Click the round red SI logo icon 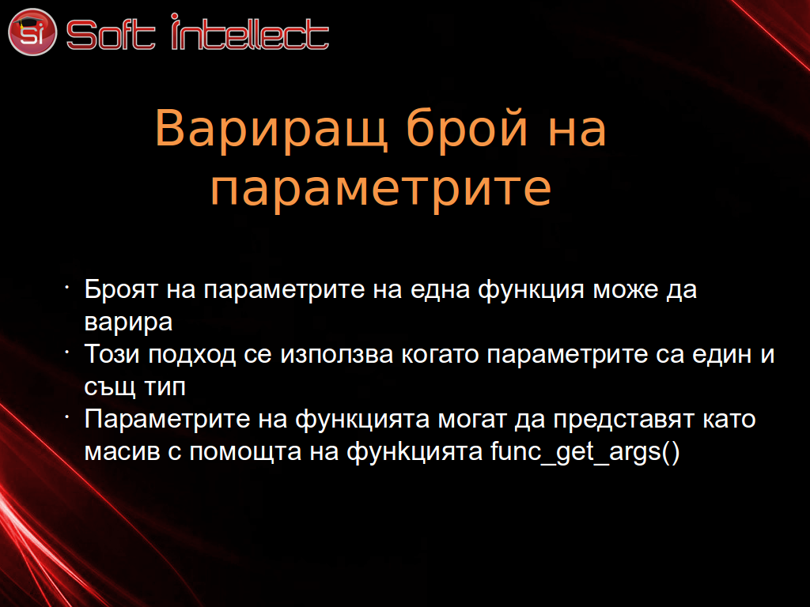(x=32, y=32)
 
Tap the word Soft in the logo (x=111, y=35)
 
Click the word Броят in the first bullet (x=121, y=289)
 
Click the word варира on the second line (x=128, y=323)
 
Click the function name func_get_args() (x=585, y=452)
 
